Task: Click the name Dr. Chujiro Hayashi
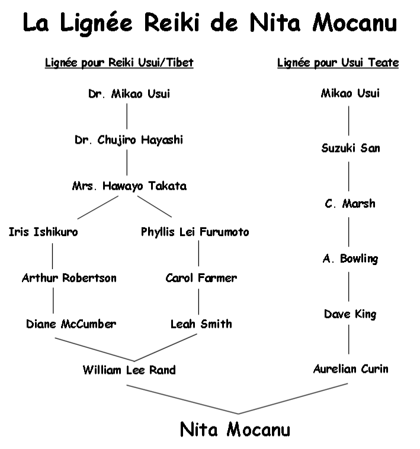point(129,140)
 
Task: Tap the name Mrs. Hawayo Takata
point(129,186)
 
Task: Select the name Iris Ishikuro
point(43,232)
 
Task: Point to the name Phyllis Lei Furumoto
point(195,232)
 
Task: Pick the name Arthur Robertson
point(69,278)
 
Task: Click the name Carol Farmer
point(201,278)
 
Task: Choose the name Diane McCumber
point(71,324)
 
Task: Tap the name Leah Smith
point(201,324)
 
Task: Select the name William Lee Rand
point(129,370)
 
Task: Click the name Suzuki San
point(351,148)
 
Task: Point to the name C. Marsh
point(350,203)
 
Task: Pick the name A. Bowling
point(350,259)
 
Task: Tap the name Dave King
point(350,314)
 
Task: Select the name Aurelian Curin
point(351,369)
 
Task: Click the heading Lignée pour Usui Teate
point(338,63)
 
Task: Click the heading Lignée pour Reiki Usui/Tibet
point(119,63)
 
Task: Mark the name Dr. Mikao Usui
point(129,94)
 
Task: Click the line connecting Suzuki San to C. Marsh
point(348,176)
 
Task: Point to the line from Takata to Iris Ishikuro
point(98,207)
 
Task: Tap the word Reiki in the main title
point(172,22)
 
